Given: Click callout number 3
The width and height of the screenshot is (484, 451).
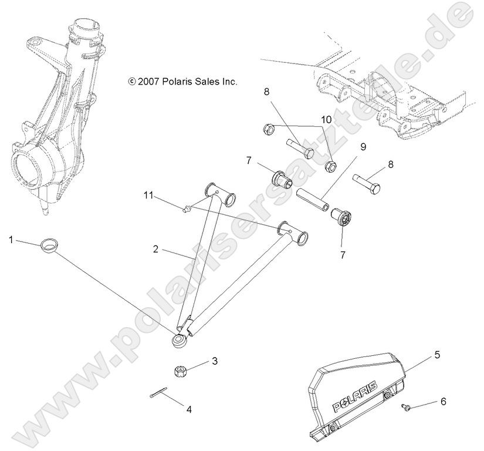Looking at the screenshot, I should (215, 361).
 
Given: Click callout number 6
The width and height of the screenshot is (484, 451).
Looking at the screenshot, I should (443, 402).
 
